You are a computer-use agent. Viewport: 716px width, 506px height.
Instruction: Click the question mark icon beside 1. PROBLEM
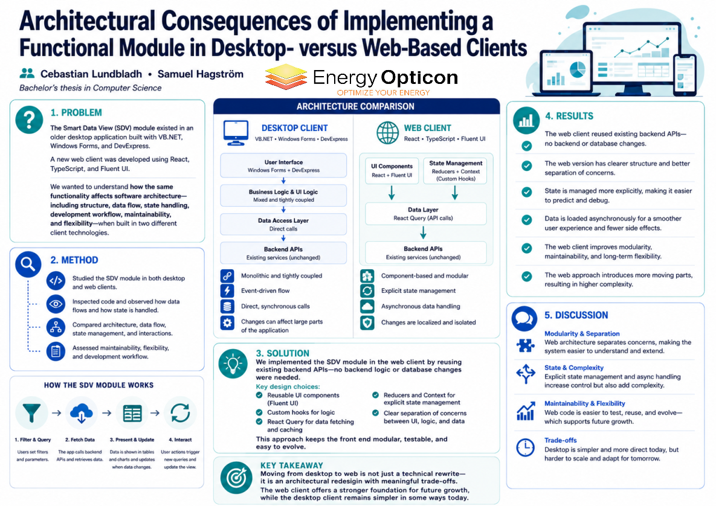(29, 120)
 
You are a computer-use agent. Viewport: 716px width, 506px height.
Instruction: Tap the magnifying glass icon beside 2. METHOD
(28, 264)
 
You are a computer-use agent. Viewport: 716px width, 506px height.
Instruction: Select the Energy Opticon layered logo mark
(285, 77)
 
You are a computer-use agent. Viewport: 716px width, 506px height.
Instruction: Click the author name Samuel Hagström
(201, 74)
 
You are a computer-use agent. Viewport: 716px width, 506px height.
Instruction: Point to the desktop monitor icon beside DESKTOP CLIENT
(236, 133)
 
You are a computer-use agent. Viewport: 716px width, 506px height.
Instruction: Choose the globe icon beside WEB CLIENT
(388, 133)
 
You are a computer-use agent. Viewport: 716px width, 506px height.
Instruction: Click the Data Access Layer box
(283, 225)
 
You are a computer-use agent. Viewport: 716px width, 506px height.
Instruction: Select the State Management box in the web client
(455, 171)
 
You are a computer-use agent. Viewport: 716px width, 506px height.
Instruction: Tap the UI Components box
(392, 171)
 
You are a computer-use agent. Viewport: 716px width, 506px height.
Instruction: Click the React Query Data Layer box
(423, 214)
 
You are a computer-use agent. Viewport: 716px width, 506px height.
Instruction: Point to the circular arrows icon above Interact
(181, 413)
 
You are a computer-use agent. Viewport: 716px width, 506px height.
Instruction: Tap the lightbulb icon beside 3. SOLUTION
(233, 363)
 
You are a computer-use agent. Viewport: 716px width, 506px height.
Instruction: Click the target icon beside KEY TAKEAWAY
(236, 478)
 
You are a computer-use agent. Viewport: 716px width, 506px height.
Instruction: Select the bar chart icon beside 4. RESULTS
(526, 120)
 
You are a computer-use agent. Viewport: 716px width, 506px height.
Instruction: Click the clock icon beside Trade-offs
(525, 447)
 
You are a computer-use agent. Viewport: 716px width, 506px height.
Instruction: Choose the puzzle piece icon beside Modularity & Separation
(526, 345)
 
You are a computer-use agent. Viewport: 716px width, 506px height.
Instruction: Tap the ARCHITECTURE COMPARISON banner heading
(356, 106)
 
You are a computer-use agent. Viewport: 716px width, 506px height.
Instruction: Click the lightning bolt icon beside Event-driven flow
(227, 290)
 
